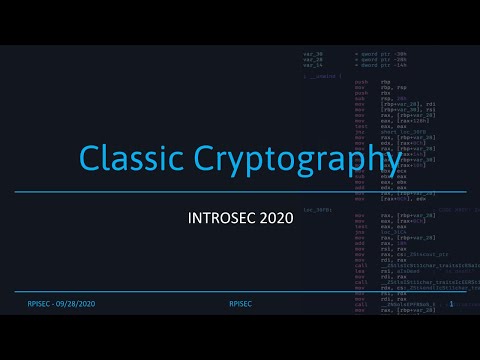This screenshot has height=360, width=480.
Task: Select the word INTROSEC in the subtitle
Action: pos(223,216)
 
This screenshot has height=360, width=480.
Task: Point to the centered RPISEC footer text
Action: pos(240,303)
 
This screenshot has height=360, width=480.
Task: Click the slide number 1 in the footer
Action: pos(452,303)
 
